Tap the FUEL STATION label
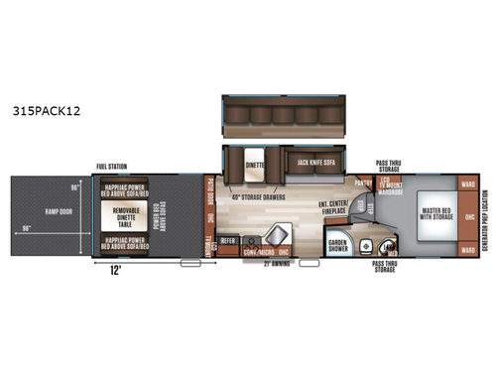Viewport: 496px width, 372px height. click(111, 167)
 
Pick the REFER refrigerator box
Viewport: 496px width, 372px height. click(227, 239)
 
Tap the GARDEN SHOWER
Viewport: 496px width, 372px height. click(339, 246)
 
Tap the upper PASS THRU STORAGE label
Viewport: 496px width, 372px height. click(388, 165)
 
